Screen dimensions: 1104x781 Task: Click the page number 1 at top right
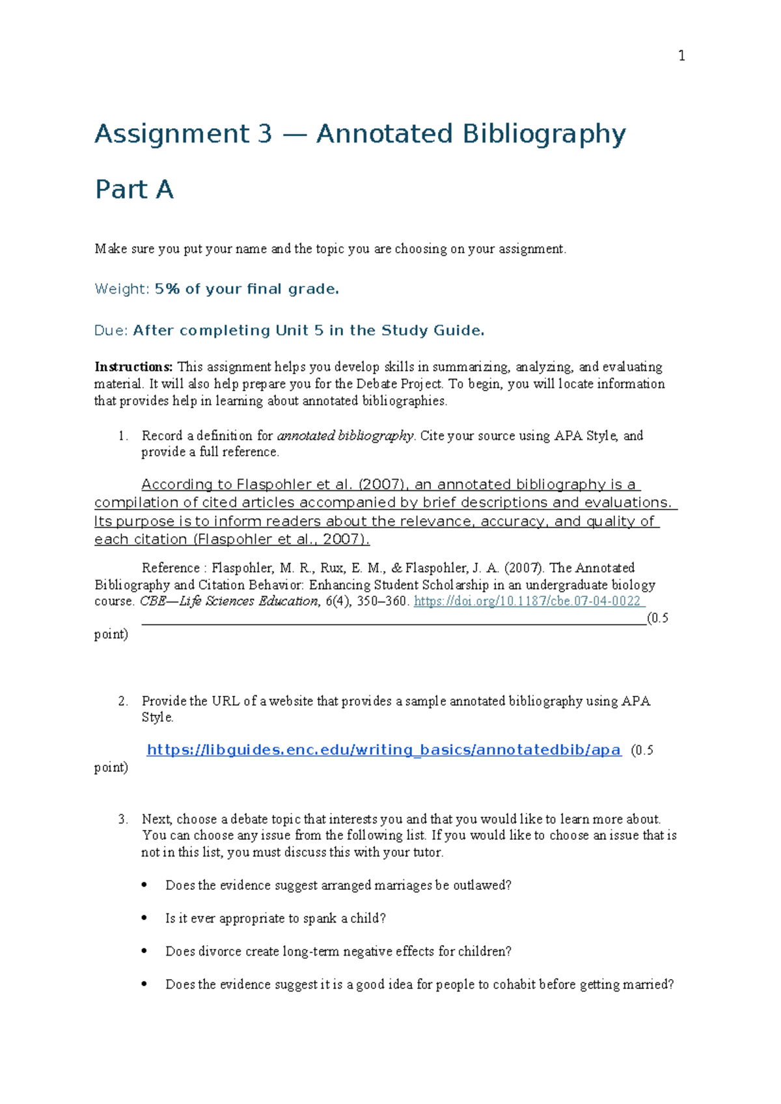pos(681,56)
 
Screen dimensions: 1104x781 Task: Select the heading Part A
pos(134,190)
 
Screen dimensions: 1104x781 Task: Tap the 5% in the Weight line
pos(167,289)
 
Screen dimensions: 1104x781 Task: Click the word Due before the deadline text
pos(110,331)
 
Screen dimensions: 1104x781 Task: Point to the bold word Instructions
pos(133,367)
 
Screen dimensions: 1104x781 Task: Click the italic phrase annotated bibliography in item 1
pos(345,435)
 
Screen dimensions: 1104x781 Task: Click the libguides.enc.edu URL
pos(384,750)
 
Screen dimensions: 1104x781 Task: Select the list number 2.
pos(123,701)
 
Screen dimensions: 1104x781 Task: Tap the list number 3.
pos(123,819)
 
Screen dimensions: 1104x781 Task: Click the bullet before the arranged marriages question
pos(144,885)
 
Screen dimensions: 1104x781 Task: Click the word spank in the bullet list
pos(320,918)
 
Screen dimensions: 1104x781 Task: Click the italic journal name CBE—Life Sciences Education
pos(229,601)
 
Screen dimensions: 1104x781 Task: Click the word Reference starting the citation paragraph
pos(171,568)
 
